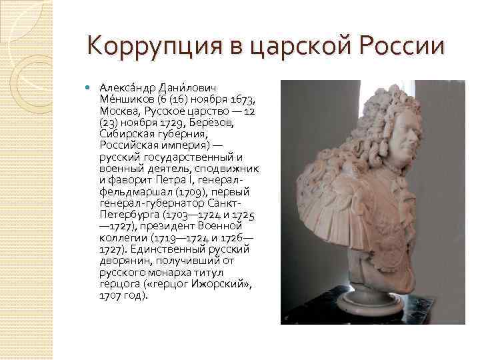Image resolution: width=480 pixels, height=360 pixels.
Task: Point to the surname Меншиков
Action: pos(124,100)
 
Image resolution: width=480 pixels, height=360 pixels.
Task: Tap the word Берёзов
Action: pos(213,123)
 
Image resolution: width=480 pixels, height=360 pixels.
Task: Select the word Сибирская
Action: pos(124,134)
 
